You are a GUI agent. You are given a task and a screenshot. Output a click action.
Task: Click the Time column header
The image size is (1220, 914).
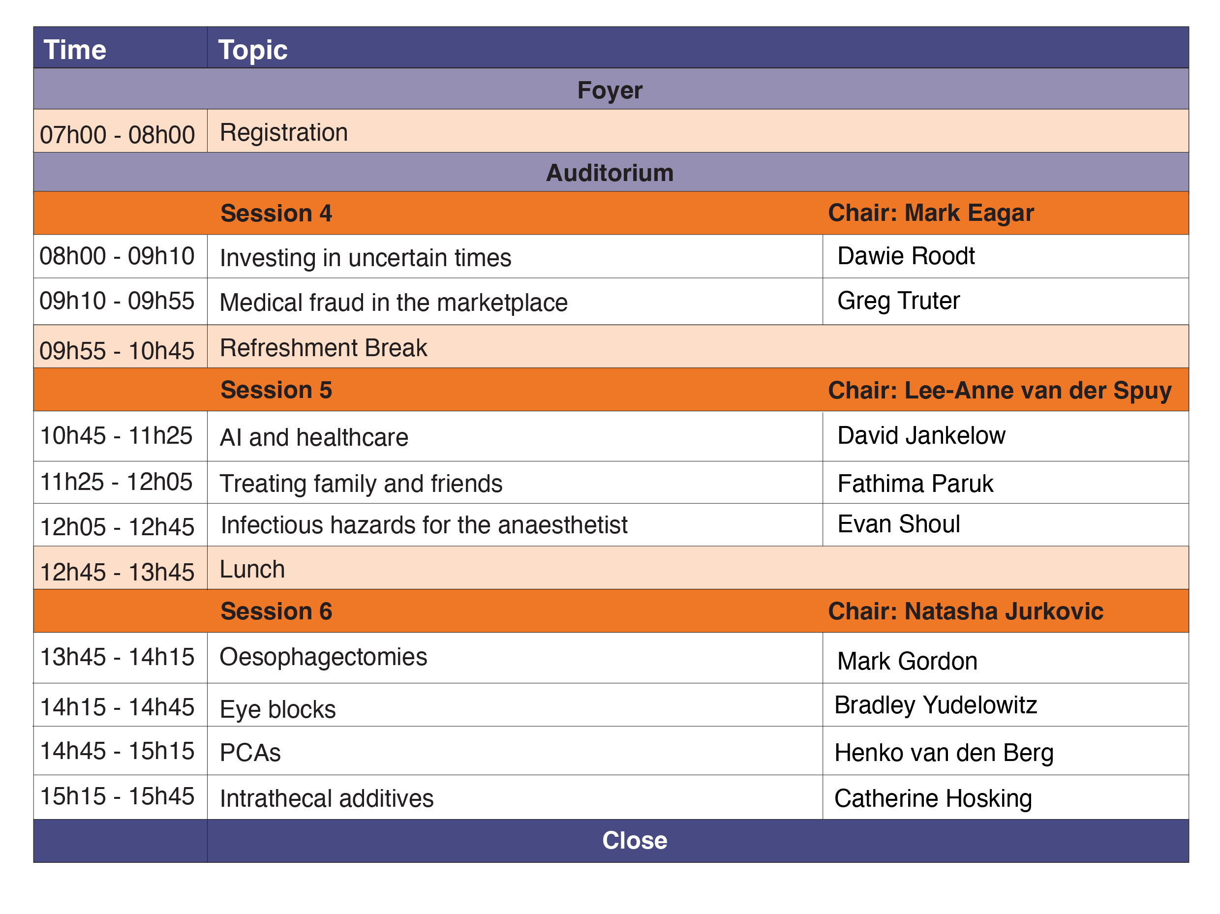pyautogui.click(x=75, y=50)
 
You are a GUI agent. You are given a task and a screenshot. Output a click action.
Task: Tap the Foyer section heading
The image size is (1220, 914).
pyautogui.click(x=610, y=90)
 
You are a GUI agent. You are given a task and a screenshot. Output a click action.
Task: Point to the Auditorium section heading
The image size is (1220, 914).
pyautogui.click(x=610, y=173)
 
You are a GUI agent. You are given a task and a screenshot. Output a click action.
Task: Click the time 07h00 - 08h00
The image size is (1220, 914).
pyautogui.click(x=118, y=135)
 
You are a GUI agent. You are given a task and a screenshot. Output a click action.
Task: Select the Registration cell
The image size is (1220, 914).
pyautogui.click(x=283, y=133)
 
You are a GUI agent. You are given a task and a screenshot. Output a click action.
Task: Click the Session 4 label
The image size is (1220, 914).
pyautogui.click(x=276, y=213)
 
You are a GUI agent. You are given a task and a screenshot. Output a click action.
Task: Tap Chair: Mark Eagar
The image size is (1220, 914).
pyautogui.click(x=931, y=213)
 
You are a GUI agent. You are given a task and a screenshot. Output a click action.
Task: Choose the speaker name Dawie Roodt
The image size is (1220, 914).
pyautogui.click(x=906, y=256)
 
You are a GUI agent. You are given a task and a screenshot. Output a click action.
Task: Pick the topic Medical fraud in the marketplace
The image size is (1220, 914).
pyautogui.click(x=394, y=303)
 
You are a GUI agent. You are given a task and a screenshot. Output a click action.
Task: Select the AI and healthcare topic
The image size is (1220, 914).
pyautogui.click(x=314, y=437)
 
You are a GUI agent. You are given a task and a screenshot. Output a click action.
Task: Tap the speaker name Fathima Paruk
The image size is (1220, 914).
pyautogui.click(x=915, y=484)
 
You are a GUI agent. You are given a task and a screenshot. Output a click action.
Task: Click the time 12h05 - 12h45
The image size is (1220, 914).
pyautogui.click(x=118, y=527)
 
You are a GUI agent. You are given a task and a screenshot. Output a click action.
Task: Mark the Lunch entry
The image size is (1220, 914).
pyautogui.click(x=252, y=569)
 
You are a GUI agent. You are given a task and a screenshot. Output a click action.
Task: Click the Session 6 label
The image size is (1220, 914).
pyautogui.click(x=276, y=611)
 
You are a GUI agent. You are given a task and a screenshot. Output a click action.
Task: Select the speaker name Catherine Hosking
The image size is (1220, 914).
pyautogui.click(x=933, y=799)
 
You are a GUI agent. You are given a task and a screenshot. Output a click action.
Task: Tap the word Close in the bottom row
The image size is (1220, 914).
pyautogui.click(x=635, y=841)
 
